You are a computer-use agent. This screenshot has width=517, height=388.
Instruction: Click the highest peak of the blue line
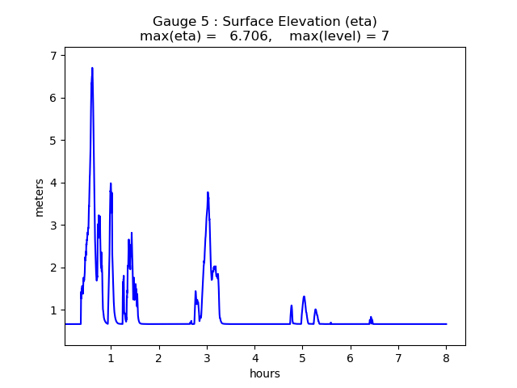tap(92, 68)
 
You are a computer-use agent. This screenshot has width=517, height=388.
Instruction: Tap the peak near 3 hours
tap(208, 192)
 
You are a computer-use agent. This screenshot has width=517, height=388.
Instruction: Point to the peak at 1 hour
tap(111, 183)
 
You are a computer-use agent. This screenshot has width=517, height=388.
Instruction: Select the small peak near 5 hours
tap(304, 297)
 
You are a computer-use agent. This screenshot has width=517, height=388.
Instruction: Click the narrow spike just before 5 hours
tap(292, 306)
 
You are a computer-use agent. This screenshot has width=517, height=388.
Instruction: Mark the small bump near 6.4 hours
tap(371, 317)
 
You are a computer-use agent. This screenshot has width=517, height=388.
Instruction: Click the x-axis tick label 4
tap(254, 358)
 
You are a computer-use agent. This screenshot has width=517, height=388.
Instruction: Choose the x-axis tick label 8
tap(447, 358)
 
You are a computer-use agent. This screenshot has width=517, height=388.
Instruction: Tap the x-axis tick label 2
tap(159, 358)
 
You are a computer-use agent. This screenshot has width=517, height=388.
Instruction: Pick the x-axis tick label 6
tap(351, 358)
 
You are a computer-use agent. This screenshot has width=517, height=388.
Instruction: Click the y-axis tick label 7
tap(53, 56)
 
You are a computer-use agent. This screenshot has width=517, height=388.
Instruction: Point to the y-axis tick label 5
tap(53, 141)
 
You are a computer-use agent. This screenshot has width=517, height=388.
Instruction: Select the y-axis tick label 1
tap(53, 310)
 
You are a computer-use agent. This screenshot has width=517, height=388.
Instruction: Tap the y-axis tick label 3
tap(53, 226)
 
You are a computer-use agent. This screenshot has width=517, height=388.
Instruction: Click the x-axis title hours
tap(265, 373)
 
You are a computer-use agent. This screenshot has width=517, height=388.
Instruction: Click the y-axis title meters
tap(40, 197)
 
